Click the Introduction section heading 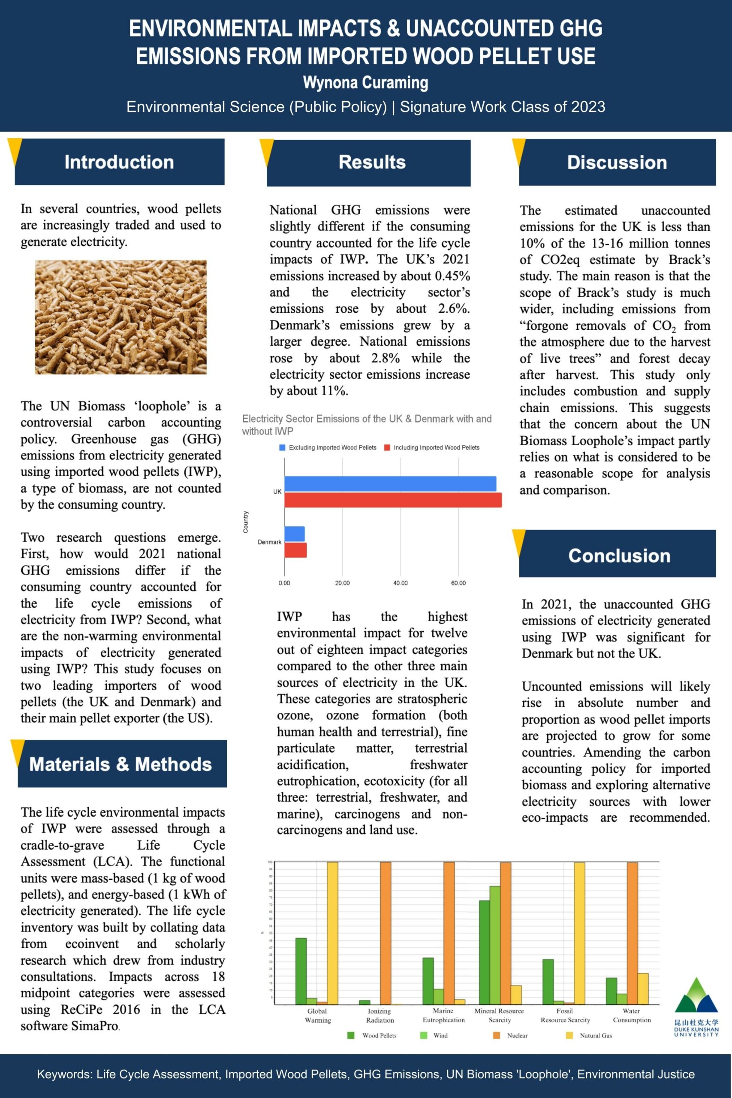coord(119,162)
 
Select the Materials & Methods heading coord(120,764)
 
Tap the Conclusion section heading coord(619,555)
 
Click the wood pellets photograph coord(120,317)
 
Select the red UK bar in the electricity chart coord(393,500)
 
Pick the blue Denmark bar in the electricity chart coord(295,534)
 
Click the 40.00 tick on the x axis coord(400,583)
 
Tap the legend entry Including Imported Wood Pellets coord(436,448)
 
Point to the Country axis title coord(246,522)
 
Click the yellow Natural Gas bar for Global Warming coord(332,933)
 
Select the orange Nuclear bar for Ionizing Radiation coord(386,933)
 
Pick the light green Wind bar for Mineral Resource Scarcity coord(495,945)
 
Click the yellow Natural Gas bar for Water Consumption coord(643,988)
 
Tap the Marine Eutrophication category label coord(443,1015)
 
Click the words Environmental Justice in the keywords coord(636,1074)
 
